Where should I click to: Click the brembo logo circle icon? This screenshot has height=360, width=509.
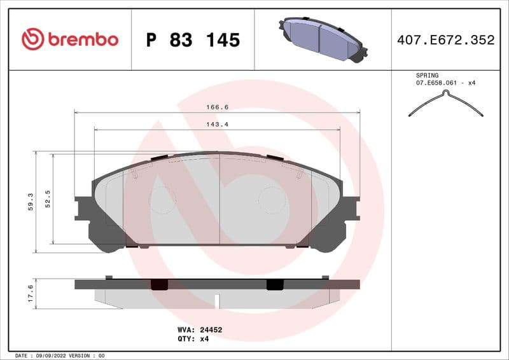[x=32, y=39]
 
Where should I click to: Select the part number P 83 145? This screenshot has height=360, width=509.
[x=193, y=40]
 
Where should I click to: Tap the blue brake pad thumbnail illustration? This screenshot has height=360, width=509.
[x=322, y=39]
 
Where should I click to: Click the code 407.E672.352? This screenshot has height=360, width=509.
[x=445, y=40]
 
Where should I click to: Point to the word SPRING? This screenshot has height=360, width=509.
[x=427, y=75]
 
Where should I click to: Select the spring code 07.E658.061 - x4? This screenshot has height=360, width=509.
[x=446, y=83]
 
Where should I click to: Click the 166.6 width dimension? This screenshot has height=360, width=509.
[x=217, y=107]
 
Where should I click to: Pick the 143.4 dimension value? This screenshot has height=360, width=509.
[x=217, y=124]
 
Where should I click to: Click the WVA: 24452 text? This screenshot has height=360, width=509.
[x=199, y=330]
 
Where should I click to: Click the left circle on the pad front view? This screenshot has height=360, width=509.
[x=162, y=200]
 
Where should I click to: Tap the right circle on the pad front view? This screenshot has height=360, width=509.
[x=272, y=200]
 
